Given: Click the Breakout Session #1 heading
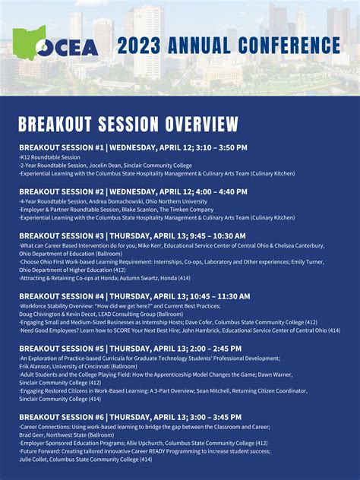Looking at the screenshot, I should coord(133,147).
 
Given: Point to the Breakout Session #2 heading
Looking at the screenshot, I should coord(133,191).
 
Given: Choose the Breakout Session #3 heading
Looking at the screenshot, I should coord(132,236).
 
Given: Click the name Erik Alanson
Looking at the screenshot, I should coord(35,366).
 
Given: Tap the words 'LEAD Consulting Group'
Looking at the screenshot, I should coord(117,314).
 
